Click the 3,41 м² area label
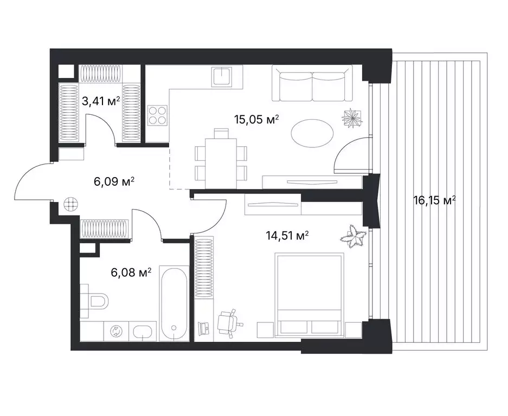[x=101, y=101]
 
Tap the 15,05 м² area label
[x=256, y=120]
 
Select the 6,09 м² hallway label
[x=114, y=181]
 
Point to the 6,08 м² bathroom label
[x=131, y=272]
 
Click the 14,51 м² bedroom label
[x=287, y=236]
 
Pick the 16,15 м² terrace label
[x=434, y=200]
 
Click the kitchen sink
[x=222, y=76]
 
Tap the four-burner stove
[x=157, y=115]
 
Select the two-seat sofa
[x=312, y=83]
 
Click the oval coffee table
[x=312, y=133]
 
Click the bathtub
[x=174, y=304]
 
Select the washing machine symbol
[x=115, y=331]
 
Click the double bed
[x=308, y=294]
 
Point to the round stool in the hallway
[x=71, y=204]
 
